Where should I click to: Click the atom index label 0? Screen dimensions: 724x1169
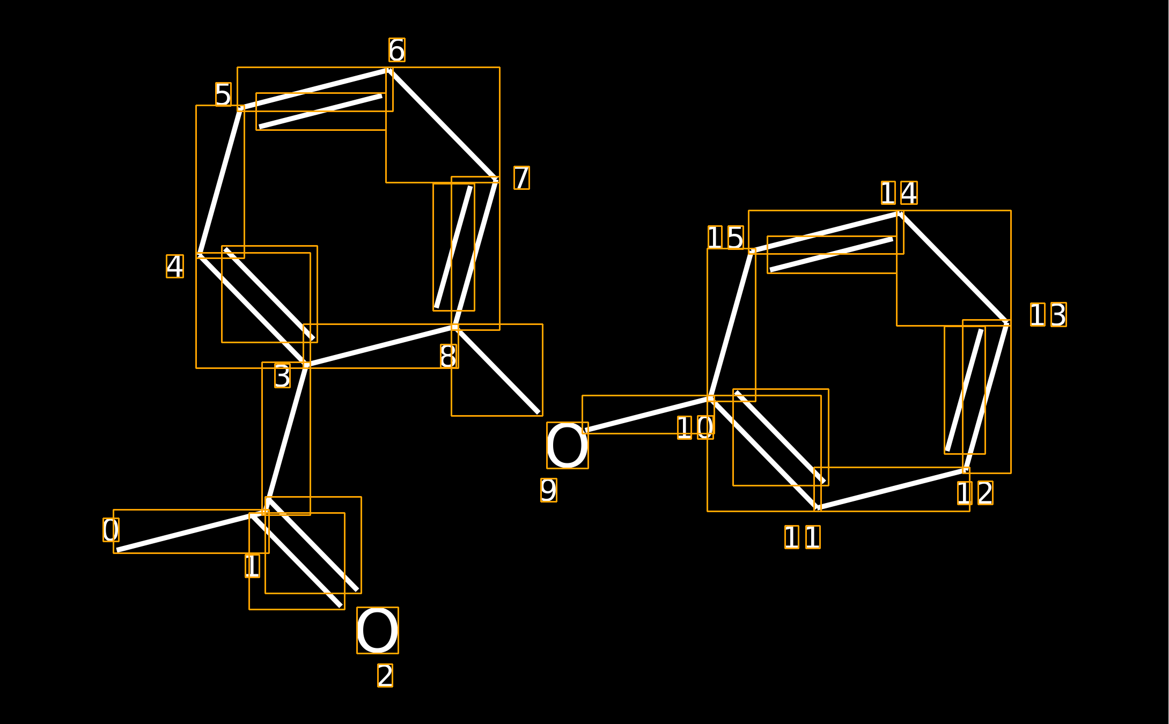[x=111, y=530]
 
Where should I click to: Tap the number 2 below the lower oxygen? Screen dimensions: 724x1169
[x=385, y=675]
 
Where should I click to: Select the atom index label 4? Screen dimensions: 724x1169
[x=175, y=266]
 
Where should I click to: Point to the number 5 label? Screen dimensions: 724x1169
[x=223, y=94]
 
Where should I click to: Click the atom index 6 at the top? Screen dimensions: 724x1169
[x=397, y=50]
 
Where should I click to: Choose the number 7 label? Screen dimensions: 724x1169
[x=521, y=178]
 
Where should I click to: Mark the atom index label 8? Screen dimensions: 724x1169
[x=449, y=356]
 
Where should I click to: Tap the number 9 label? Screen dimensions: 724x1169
[x=549, y=490]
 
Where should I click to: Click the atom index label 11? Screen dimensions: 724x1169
[x=803, y=537]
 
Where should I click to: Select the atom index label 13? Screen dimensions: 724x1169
[x=1048, y=314]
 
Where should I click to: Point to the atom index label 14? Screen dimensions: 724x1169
[x=899, y=193]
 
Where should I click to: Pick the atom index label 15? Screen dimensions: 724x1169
[x=725, y=238]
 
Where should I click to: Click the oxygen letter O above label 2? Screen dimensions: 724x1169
[x=378, y=630]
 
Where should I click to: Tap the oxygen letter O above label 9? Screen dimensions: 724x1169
[x=568, y=445]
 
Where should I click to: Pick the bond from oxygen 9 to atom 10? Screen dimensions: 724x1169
[x=648, y=414]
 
